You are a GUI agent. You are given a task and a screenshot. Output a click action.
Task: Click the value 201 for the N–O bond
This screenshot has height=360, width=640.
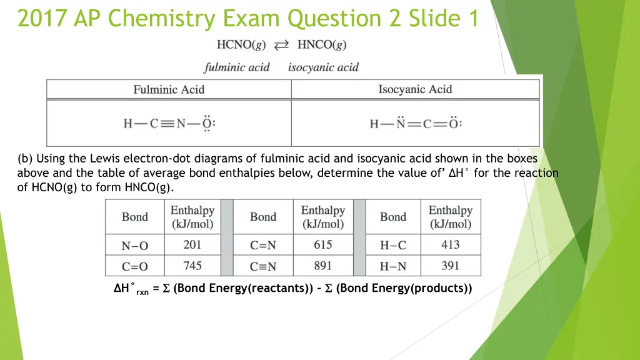tap(192, 244)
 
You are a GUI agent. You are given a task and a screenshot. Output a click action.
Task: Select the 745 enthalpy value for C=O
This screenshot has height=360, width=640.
tap(192, 266)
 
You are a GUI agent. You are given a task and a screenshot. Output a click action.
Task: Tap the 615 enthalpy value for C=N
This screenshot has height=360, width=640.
tap(322, 244)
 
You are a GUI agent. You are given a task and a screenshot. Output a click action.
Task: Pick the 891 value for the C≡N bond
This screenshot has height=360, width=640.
tap(322, 266)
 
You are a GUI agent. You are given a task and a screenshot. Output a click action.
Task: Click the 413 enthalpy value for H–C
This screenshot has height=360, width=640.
tap(450, 244)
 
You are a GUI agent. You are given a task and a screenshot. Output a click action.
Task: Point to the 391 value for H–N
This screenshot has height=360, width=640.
tap(450, 266)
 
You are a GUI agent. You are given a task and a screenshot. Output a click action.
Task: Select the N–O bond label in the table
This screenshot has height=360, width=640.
tap(134, 246)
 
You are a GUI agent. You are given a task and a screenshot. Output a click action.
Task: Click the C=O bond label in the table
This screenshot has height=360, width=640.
tap(134, 266)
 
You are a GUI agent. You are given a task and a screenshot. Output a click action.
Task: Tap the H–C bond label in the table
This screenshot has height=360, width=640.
tap(392, 246)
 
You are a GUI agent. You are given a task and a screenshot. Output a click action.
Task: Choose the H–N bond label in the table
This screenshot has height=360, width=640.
tap(392, 266)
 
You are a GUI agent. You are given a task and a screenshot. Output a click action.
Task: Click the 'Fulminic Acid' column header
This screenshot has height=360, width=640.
tap(169, 89)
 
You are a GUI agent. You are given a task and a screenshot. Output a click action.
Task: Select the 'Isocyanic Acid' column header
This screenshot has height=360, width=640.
tap(415, 89)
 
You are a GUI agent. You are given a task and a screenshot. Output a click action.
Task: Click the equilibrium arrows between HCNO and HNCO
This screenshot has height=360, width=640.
tap(282, 44)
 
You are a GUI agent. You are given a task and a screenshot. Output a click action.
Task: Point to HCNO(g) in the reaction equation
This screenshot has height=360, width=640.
tap(241, 44)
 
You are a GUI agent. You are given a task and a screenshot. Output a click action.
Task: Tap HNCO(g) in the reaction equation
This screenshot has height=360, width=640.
tap(322, 44)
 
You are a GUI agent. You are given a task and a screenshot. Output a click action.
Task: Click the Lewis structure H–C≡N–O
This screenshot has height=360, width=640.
tap(169, 123)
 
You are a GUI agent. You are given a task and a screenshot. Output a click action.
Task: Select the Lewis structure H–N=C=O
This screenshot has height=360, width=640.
tap(416, 123)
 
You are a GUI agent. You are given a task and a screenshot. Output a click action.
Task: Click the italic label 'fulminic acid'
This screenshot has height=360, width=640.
tap(237, 67)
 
